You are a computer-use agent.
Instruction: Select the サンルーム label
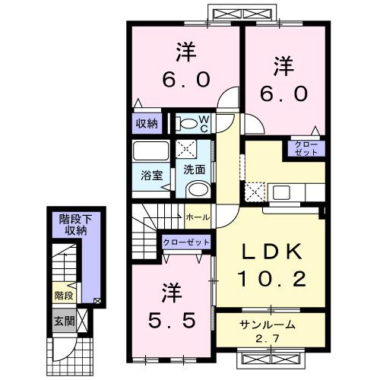263,324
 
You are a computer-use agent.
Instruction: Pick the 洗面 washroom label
192,169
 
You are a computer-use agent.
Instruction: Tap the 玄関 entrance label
63,321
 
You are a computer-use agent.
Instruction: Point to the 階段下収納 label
74,225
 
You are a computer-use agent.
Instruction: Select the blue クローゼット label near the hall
185,242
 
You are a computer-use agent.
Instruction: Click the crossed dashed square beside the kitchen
256,191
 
